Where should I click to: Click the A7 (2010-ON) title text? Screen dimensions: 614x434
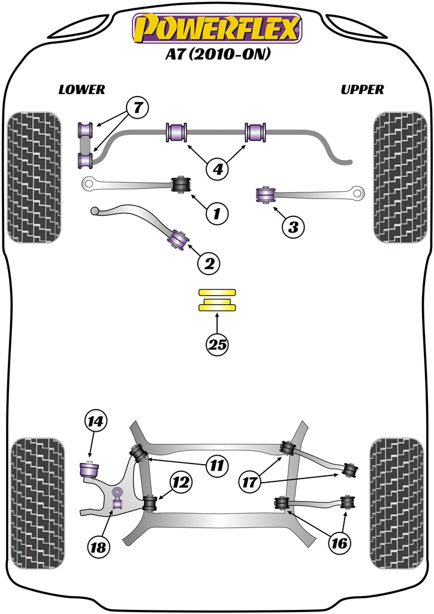pyautogui.click(x=218, y=54)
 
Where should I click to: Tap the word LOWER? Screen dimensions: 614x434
pyautogui.click(x=82, y=90)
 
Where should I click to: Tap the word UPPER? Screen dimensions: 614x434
pyautogui.click(x=362, y=90)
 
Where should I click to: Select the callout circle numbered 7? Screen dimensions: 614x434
pyautogui.click(x=137, y=109)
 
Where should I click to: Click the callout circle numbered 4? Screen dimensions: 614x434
pyautogui.click(x=218, y=170)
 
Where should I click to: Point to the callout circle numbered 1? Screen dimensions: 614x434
pyautogui.click(x=217, y=212)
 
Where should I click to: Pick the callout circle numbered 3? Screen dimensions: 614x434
pyautogui.click(x=293, y=227)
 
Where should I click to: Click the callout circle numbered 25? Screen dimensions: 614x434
pyautogui.click(x=218, y=344)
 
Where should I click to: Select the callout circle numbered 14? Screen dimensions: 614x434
pyautogui.click(x=96, y=422)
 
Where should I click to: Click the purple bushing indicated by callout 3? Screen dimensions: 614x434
pyautogui.click(x=264, y=195)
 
